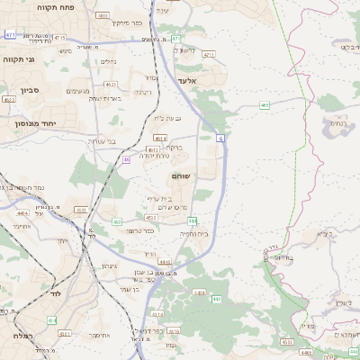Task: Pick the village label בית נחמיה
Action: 193,232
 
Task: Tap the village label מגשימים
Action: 77,91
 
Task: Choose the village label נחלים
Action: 107,61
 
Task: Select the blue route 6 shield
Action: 220,138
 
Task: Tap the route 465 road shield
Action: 265,105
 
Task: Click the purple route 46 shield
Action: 127,159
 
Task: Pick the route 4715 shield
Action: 59,38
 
